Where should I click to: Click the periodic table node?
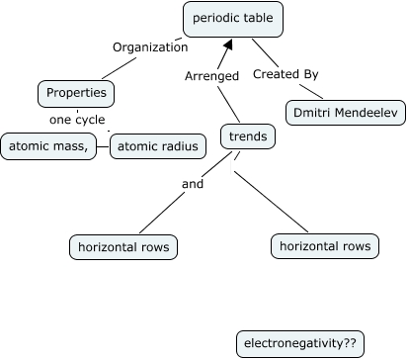234,19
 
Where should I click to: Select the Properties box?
76,94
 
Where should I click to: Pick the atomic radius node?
158,146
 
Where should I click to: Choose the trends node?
248,136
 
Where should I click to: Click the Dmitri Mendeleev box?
347,113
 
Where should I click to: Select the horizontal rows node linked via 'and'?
123,246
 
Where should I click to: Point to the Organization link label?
149,46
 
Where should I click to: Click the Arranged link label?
211,74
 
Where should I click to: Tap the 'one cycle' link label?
77,121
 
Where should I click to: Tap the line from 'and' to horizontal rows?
157,212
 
